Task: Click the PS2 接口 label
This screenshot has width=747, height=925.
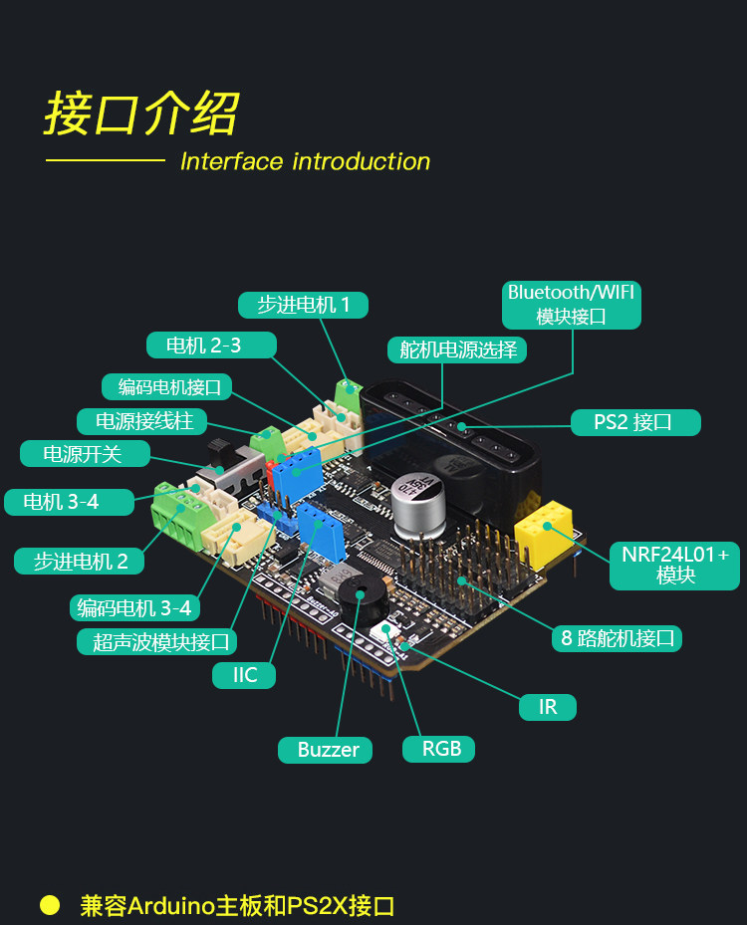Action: (634, 422)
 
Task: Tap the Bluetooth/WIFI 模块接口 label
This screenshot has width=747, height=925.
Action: (571, 305)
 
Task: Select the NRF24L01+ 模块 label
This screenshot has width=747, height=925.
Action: (675, 565)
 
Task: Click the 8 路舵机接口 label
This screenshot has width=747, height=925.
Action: (618, 638)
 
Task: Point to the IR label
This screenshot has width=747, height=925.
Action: (548, 707)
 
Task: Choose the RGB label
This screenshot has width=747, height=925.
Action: (439, 749)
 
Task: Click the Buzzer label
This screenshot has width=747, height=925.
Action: (328, 750)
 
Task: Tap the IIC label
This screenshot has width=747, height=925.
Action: (245, 675)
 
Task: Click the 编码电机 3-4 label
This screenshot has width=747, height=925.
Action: (134, 607)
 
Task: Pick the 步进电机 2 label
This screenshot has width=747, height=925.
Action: (80, 561)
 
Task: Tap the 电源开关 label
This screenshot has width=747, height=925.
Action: (84, 454)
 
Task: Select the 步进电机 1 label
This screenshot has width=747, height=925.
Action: (304, 305)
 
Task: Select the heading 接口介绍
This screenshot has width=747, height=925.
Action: (141, 115)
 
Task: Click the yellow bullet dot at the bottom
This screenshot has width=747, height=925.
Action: (50, 905)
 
